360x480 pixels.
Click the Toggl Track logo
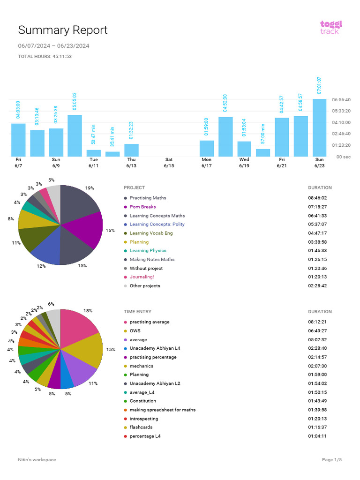pos(331,27)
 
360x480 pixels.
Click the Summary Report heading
pos(63,30)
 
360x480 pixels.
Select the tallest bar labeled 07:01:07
pos(319,127)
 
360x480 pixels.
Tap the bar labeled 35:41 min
pos(112,154)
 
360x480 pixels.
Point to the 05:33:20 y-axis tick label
pos(341,111)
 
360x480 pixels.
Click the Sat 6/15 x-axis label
pos(169,163)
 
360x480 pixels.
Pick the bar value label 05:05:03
pos(75,101)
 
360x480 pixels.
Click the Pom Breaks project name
pos(142,207)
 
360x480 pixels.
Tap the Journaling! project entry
pos(142,277)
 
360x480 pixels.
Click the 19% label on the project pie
pos(90,188)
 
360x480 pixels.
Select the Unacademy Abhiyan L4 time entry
pos(155,348)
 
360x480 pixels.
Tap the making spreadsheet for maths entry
pos(162,410)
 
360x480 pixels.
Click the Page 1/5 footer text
pos(332,460)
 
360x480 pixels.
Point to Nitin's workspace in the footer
pos(37,460)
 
